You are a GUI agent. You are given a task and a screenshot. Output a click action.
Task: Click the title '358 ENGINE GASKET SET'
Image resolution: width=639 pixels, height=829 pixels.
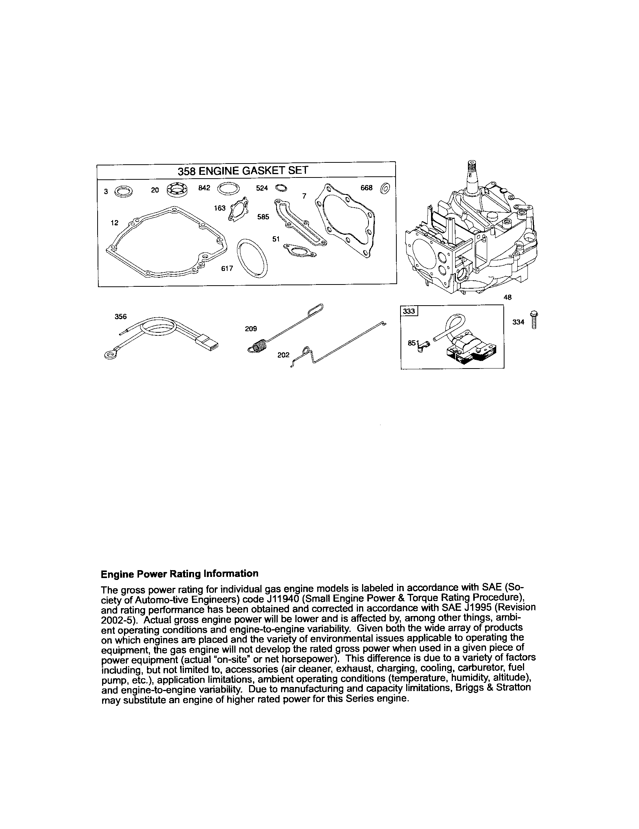click(x=243, y=171)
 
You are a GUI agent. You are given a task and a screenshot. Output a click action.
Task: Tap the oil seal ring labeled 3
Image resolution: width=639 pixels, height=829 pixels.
click(x=124, y=191)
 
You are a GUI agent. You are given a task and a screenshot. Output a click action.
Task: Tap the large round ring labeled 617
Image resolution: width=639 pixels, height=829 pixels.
click(x=252, y=261)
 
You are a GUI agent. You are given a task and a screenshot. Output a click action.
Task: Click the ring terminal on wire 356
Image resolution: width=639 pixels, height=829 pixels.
click(x=110, y=354)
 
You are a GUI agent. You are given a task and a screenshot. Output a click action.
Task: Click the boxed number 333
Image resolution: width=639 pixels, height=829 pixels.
click(x=409, y=312)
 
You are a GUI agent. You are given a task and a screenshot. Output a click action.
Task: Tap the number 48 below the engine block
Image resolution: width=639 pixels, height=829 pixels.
click(x=508, y=298)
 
